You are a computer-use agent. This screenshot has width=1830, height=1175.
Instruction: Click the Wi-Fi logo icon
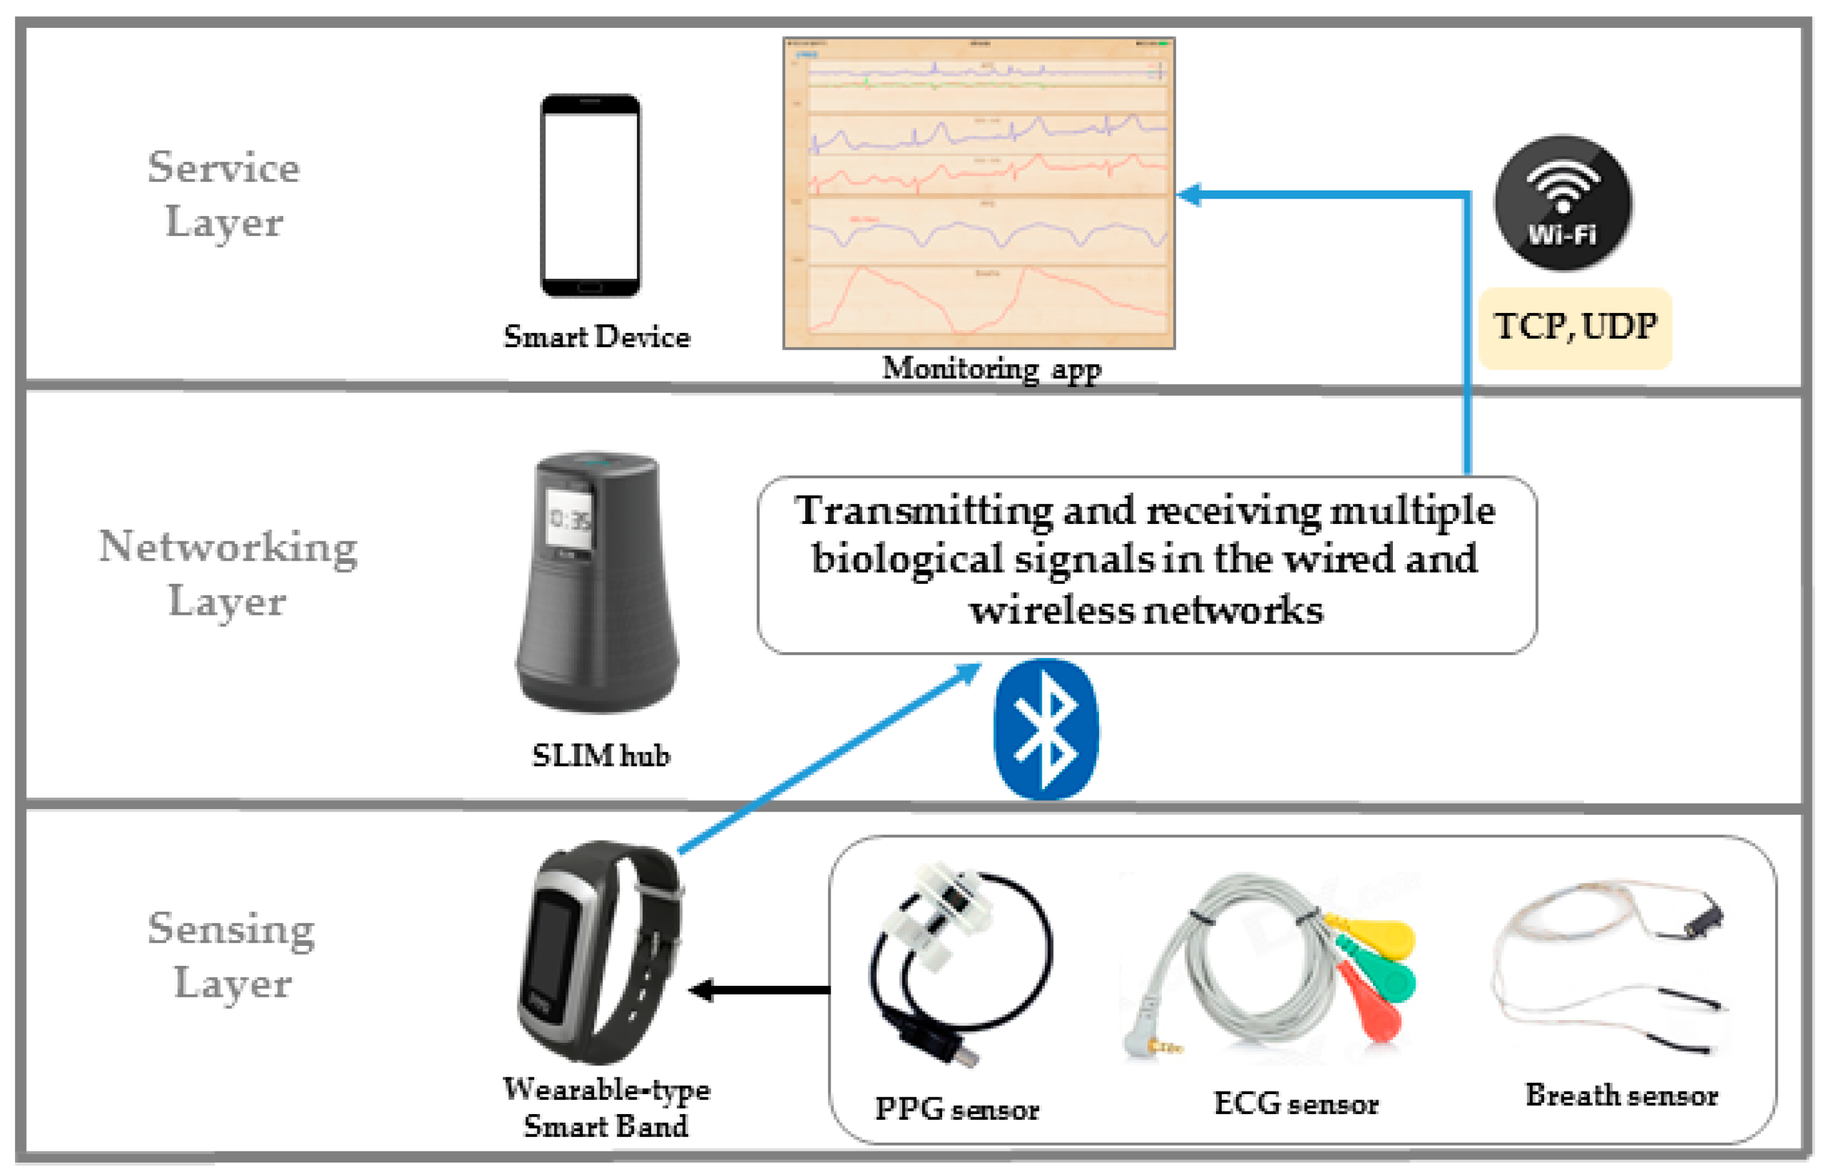pyautogui.click(x=1562, y=202)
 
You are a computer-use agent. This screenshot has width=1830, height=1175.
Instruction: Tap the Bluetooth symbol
pyautogui.click(x=1045, y=729)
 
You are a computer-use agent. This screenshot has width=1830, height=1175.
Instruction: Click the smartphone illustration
pyautogui.click(x=590, y=195)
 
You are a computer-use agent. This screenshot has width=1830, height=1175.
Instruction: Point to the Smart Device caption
pyautogui.click(x=597, y=337)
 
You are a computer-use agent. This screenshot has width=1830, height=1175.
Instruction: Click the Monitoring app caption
pyautogui.click(x=991, y=368)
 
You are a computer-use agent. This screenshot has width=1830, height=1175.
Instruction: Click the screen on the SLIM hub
pyautogui.click(x=569, y=519)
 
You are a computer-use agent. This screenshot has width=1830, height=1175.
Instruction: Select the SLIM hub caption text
pyautogui.click(x=601, y=756)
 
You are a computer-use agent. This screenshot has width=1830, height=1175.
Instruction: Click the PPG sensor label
pyautogui.click(x=956, y=1108)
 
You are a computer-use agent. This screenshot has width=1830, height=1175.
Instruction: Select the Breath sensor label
pyautogui.click(x=1621, y=1095)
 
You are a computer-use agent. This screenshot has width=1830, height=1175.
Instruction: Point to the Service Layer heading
pyautogui.click(x=224, y=194)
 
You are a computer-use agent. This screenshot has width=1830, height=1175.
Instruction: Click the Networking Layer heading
pyautogui.click(x=227, y=573)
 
